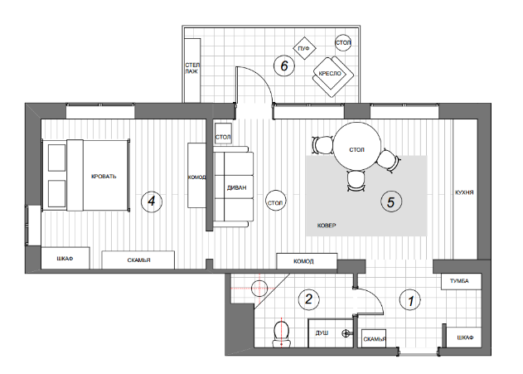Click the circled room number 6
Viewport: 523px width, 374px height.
click(x=284, y=66)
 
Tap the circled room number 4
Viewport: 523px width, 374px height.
click(x=152, y=202)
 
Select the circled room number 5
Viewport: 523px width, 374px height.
click(x=391, y=202)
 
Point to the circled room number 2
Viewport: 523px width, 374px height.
click(x=309, y=299)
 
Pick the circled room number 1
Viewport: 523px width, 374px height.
click(x=410, y=300)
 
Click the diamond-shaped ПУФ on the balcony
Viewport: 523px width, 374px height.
click(x=304, y=48)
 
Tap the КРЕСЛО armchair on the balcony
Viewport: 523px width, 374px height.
click(x=332, y=75)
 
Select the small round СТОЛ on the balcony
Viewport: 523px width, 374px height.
click(x=343, y=42)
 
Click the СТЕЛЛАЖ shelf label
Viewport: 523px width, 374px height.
click(x=192, y=68)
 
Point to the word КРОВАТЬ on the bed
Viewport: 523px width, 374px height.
click(x=104, y=176)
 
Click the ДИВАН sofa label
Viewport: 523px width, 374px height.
click(x=236, y=188)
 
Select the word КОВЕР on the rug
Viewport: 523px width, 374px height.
click(x=327, y=226)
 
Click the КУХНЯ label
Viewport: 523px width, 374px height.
click(x=464, y=192)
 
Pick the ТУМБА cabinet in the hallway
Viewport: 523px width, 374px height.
click(x=462, y=281)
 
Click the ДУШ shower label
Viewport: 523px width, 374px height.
click(x=322, y=333)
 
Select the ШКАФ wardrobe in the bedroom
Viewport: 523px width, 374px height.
click(x=65, y=258)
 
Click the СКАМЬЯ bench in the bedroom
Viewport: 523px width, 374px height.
click(x=138, y=260)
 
